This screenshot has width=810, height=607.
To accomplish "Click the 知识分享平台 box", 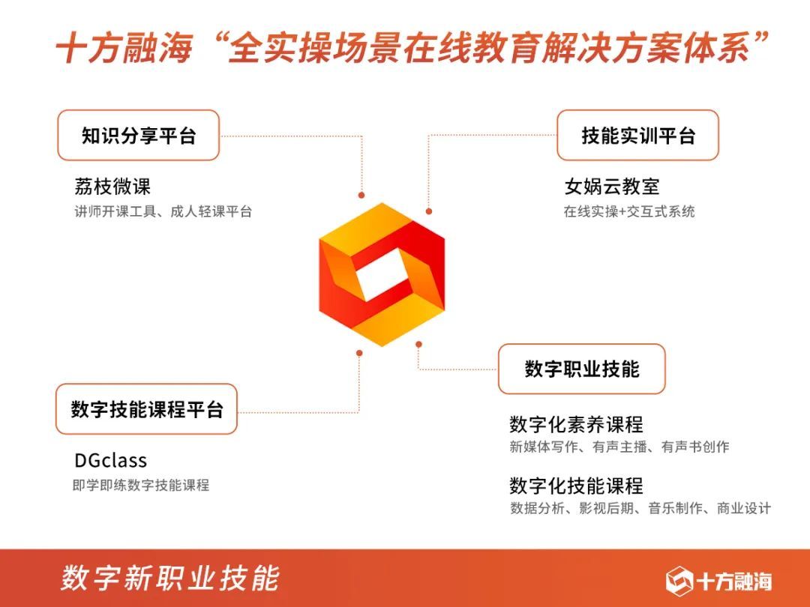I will [x=139, y=136].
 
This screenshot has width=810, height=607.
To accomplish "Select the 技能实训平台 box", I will [x=637, y=136].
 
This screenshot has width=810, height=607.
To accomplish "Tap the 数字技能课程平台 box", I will [x=147, y=409].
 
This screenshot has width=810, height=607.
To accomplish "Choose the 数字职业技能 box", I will [x=581, y=369].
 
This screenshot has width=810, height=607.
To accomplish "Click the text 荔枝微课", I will [x=112, y=187].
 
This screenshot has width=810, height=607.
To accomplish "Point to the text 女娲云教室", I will [x=612, y=187].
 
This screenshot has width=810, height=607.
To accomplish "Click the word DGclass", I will [x=110, y=460].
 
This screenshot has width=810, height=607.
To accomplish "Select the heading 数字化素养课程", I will [x=576, y=425].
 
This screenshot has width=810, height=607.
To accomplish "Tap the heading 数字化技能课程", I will [x=576, y=486].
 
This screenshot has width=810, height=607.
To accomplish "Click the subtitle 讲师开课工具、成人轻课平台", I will [x=163, y=212].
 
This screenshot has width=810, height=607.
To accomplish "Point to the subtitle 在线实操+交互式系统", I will [x=629, y=212].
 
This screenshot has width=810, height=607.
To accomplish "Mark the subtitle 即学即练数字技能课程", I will [x=141, y=486].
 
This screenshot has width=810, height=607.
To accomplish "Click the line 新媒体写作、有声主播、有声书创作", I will [x=619, y=447].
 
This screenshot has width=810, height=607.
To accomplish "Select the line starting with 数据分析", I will [x=640, y=509].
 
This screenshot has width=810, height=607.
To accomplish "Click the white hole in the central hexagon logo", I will [x=382, y=275].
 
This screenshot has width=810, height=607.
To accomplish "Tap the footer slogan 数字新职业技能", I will [x=170, y=578].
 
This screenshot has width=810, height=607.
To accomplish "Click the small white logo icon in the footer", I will [x=679, y=580].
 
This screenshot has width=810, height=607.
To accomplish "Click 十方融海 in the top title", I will [x=124, y=49].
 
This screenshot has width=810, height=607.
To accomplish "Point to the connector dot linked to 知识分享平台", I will [x=361, y=195].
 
